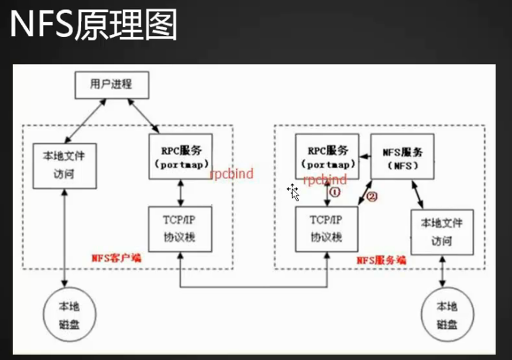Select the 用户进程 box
[111, 85]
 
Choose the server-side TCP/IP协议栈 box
[326, 227]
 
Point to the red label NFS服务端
[381, 259]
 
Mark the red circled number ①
[335, 192]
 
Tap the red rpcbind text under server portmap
[325, 179]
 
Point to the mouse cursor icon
[293, 191]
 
